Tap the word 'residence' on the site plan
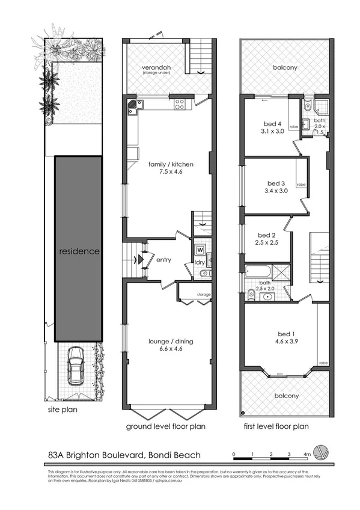78,251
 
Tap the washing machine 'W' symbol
201,249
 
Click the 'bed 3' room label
277,183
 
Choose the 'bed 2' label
266,235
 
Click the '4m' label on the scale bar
308,454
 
